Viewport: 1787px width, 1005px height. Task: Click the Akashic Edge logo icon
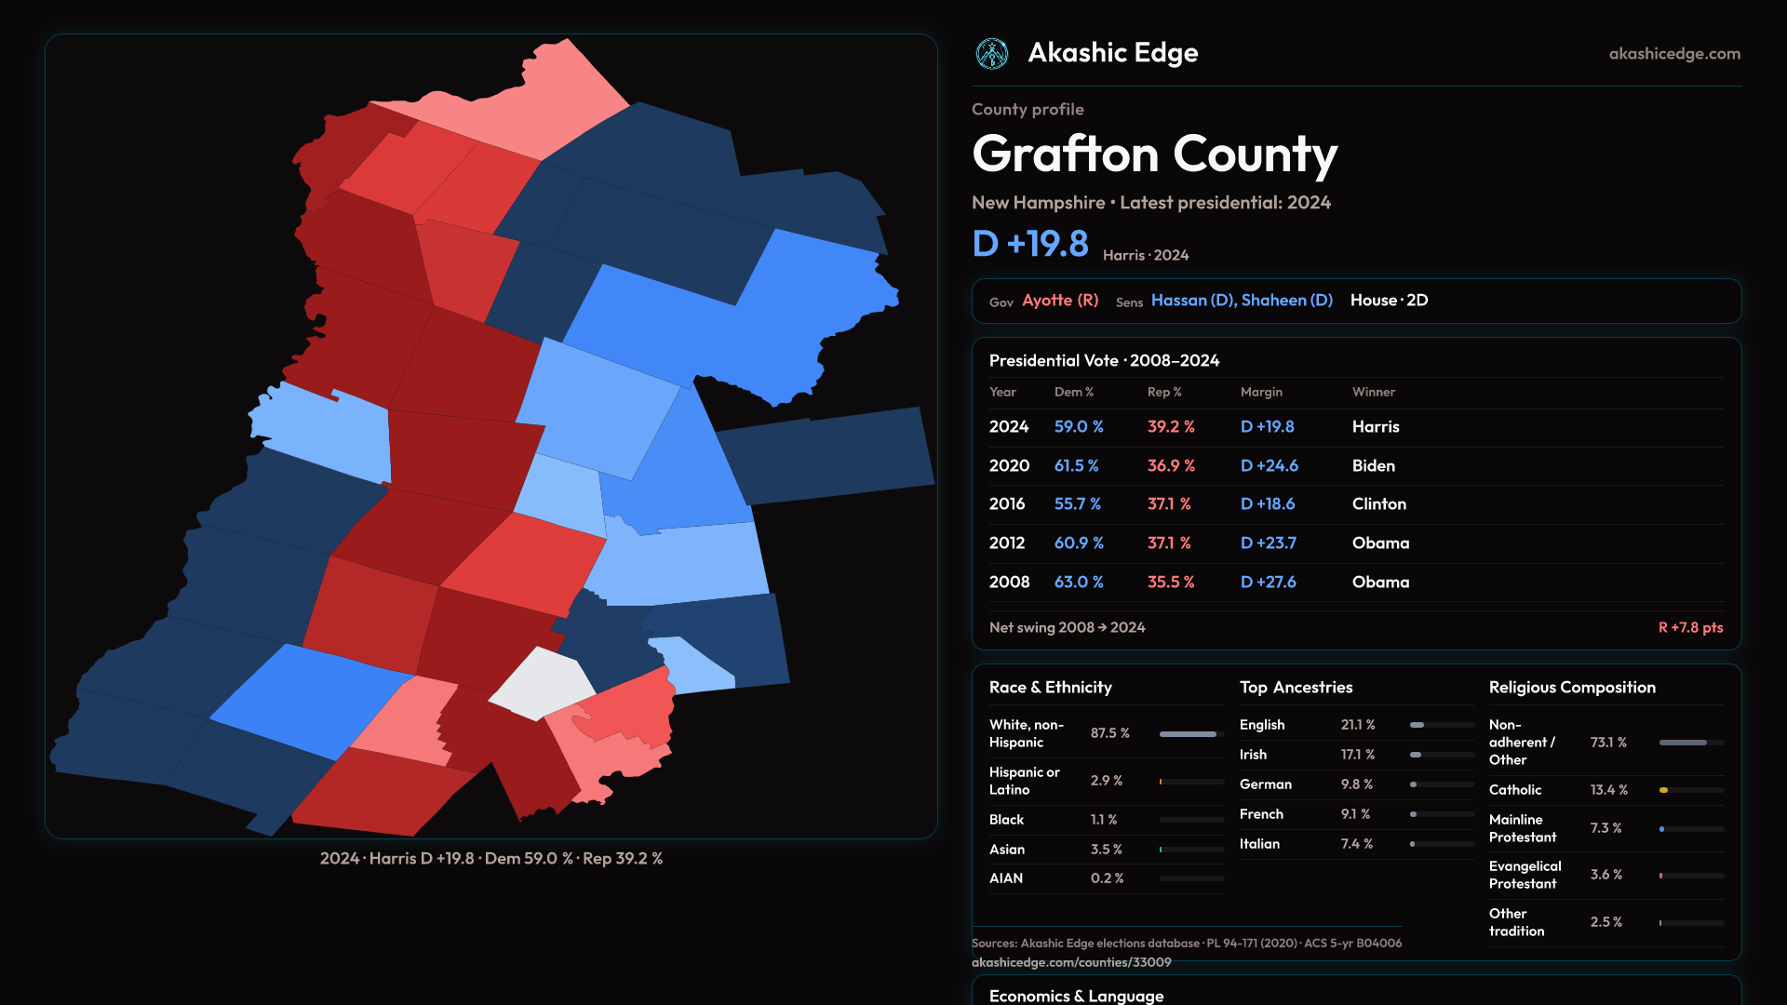[x=992, y=54]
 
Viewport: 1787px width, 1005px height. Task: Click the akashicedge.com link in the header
[x=1674, y=54]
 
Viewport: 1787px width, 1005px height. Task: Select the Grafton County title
[x=1154, y=154]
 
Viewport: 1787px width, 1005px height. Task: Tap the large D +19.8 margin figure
[x=1030, y=244]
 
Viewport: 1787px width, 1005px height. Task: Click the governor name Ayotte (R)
[x=1060, y=301]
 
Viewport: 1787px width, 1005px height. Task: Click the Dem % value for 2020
[x=1076, y=465]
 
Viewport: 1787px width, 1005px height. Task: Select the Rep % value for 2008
[x=1171, y=582]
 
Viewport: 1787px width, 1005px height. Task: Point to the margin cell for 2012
[x=1269, y=543]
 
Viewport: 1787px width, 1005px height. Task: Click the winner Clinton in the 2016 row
[x=1379, y=503]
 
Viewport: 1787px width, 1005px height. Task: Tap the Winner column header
[x=1374, y=392]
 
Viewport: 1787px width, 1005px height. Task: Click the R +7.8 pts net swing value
[x=1690, y=627]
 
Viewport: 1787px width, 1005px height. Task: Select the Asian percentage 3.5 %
[x=1107, y=850]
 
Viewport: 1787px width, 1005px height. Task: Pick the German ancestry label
[x=1266, y=784]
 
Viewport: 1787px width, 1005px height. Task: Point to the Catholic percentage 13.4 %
[x=1609, y=790]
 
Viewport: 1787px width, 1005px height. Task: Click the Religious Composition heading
[x=1572, y=688]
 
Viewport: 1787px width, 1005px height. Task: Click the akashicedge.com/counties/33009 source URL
[x=1071, y=962]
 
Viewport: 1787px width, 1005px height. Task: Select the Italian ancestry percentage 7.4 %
[x=1357, y=844]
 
